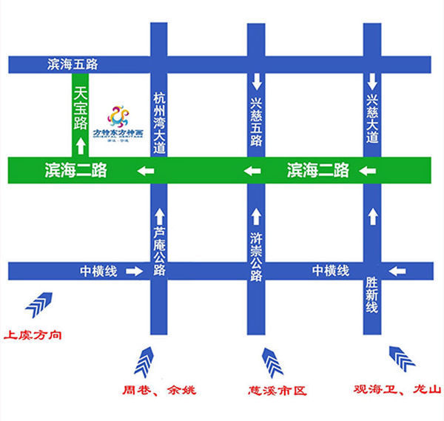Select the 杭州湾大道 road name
159,122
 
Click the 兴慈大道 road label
372,118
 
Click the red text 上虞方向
33,335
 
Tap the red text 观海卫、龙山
397,389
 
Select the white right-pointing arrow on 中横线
133,272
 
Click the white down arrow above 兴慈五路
256,78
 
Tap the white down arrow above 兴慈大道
372,78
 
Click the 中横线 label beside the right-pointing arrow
98,272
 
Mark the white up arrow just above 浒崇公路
256,216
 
